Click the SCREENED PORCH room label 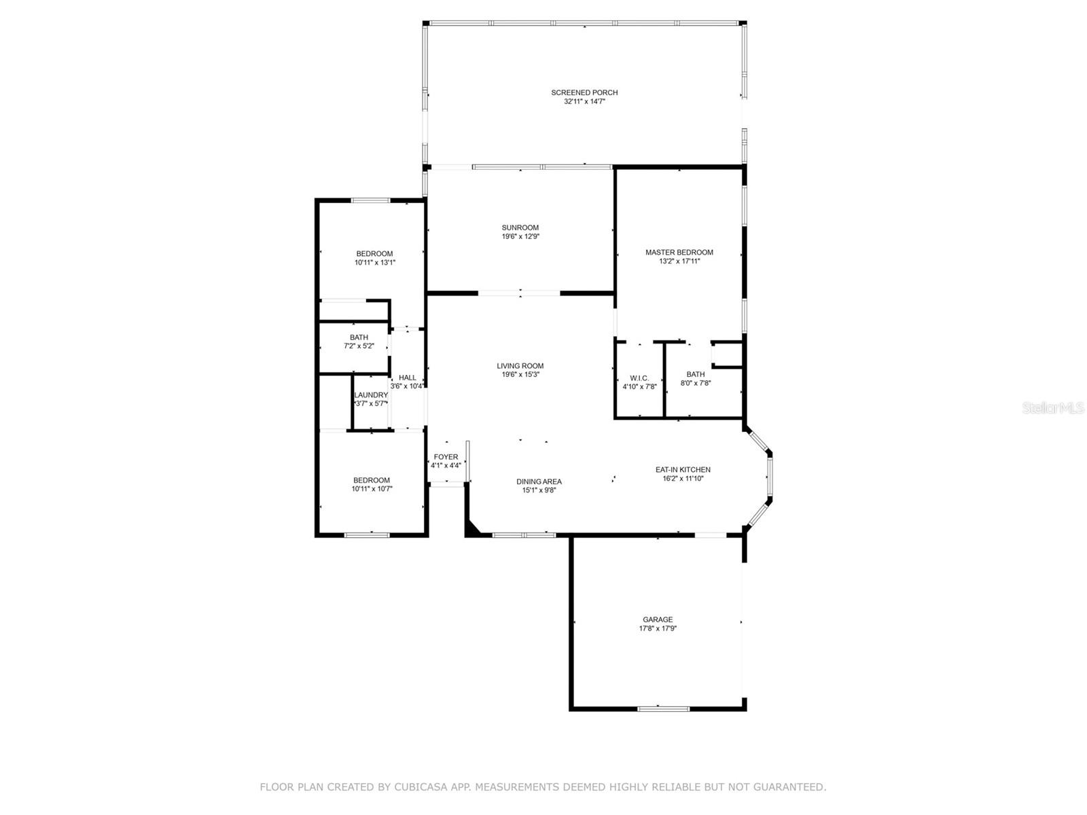point(584,92)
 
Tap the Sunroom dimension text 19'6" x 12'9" point(520,236)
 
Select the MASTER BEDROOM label point(679,253)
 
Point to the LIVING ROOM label point(520,365)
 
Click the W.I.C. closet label point(639,378)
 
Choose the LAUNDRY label point(371,395)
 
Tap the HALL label point(408,378)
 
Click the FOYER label point(446,456)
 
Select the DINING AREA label point(539,482)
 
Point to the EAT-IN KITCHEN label point(683,469)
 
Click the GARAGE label point(658,619)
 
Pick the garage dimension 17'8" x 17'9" point(658,628)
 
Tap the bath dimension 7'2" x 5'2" point(359,346)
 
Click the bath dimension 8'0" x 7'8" point(696,383)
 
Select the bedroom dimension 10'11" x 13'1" point(375,263)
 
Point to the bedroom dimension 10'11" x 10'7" point(372,489)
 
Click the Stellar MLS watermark point(1053,407)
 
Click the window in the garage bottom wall point(663,708)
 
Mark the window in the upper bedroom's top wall point(371,200)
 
